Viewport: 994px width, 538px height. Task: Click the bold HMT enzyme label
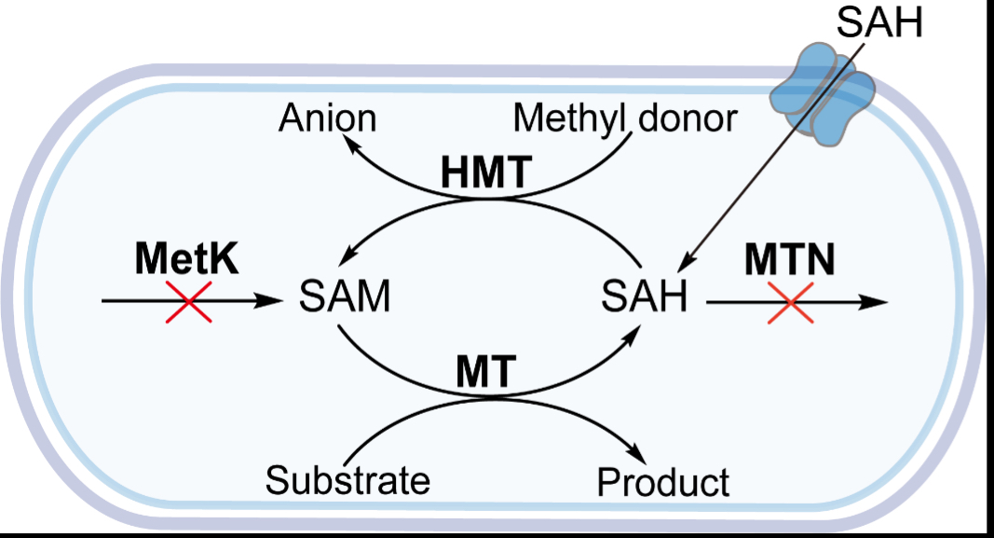click(485, 172)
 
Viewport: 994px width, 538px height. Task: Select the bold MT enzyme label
click(484, 373)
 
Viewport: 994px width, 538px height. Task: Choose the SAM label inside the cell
click(344, 299)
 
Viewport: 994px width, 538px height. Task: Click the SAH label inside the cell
click(644, 299)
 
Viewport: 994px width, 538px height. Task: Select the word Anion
click(329, 119)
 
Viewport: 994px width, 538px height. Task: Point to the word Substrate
click(347, 481)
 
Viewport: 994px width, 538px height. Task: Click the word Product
click(662, 482)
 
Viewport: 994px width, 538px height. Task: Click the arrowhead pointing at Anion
click(347, 141)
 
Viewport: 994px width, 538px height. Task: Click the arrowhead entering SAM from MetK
click(271, 301)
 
